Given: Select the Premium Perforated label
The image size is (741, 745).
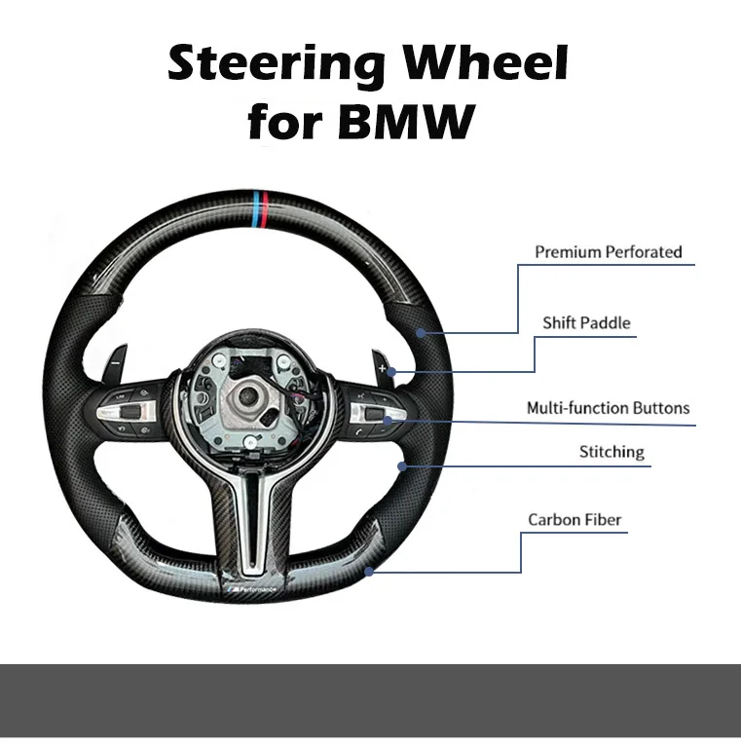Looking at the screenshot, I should click(608, 252).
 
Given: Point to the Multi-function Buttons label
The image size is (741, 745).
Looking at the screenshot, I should click(608, 408).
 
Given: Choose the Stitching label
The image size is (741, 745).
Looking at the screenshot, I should click(611, 452).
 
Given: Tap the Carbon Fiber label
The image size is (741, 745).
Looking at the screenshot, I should click(574, 520).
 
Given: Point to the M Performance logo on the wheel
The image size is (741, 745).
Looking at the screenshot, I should click(251, 591).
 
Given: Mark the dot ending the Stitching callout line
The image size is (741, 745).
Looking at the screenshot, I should click(401, 466).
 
